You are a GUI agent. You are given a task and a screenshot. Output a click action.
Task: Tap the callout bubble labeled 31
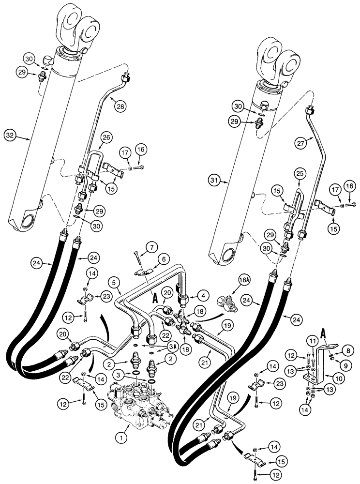pyautogui.click(x=213, y=181)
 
